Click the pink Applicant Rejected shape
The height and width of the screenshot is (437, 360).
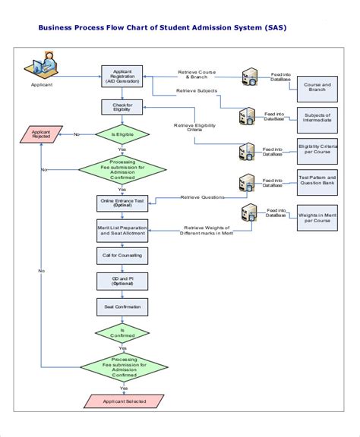[41, 134]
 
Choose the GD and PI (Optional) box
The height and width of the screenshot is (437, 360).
[117, 281]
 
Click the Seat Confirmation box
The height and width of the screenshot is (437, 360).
[117, 307]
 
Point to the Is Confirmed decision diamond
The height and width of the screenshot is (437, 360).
[117, 333]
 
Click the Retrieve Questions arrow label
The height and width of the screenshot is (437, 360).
[202, 197]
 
